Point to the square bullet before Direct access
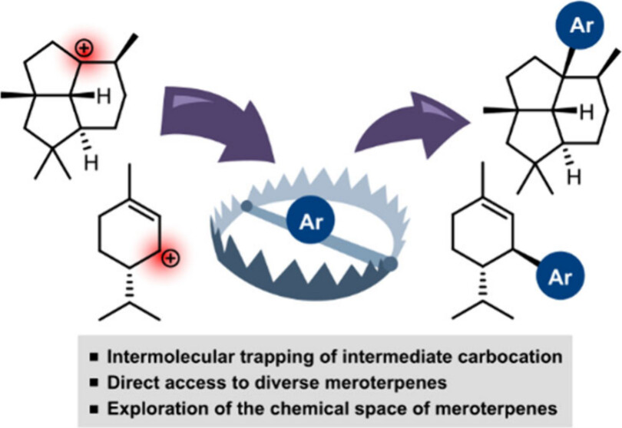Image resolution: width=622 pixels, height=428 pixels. [x=92, y=380]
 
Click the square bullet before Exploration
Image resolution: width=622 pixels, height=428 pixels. [x=92, y=404]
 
